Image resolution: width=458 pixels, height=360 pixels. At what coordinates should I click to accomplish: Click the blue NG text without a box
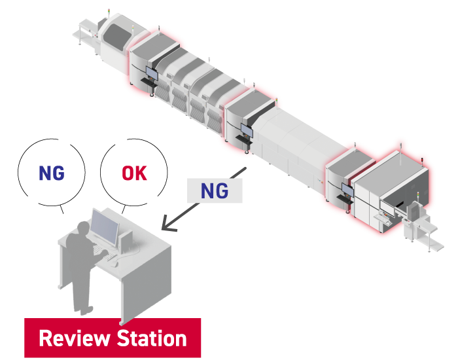pyautogui.click(x=51, y=173)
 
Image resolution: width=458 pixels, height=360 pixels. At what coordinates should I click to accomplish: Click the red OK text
pyautogui.click(x=134, y=173)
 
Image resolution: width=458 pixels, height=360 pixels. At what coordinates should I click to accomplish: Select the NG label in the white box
pyautogui.click(x=214, y=191)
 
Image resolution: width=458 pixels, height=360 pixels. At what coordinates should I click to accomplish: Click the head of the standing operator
pyautogui.click(x=83, y=228)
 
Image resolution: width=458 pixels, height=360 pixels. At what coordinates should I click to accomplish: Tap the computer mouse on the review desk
pyautogui.click(x=113, y=262)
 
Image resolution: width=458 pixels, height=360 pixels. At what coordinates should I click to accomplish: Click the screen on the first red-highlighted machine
pyautogui.click(x=152, y=73)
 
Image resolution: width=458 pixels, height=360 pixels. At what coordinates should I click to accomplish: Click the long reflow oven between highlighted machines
pyautogui.click(x=294, y=147)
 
